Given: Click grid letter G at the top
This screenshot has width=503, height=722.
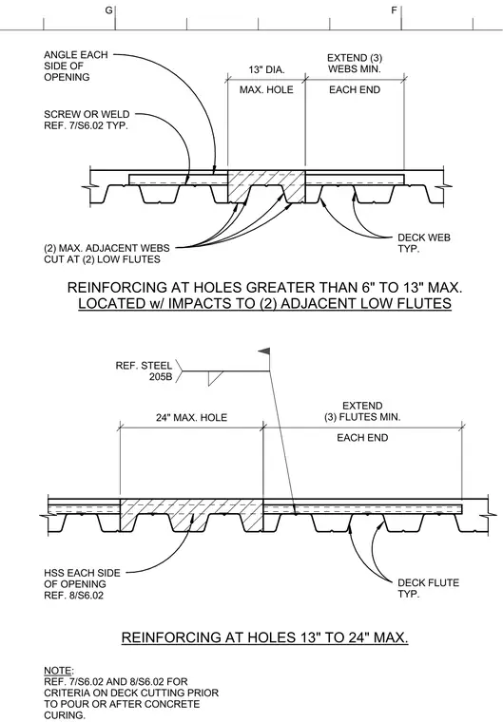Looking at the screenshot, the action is (x=108, y=10).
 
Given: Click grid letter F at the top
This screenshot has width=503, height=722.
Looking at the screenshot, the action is (x=395, y=10).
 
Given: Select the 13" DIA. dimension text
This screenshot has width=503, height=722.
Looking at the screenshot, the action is (x=266, y=70).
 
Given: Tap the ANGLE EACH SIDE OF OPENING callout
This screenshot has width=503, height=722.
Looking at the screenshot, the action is (x=76, y=66).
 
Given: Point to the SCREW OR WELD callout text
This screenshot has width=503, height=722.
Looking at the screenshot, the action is (x=87, y=120).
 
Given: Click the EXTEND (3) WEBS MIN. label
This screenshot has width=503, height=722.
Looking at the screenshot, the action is (x=355, y=64).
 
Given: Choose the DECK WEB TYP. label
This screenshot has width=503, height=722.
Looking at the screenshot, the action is (x=424, y=243).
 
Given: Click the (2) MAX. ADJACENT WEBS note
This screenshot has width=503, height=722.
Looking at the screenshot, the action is (x=106, y=254).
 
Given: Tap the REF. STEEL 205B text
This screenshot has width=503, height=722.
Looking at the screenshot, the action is (x=144, y=371).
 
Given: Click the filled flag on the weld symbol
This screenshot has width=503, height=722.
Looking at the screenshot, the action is (x=264, y=351).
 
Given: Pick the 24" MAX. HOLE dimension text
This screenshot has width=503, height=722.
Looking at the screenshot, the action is (x=191, y=418).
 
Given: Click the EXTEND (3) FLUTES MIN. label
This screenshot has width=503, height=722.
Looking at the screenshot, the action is (x=362, y=411).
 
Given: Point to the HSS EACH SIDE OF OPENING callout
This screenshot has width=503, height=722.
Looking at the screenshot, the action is (x=82, y=584).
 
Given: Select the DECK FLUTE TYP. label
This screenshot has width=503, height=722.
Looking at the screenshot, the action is (x=428, y=588).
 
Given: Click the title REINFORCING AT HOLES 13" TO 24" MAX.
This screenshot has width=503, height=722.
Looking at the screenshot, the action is (x=264, y=637).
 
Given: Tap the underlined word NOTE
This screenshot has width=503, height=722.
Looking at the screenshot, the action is (x=58, y=671).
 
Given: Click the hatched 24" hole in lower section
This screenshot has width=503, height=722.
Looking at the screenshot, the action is (x=191, y=514).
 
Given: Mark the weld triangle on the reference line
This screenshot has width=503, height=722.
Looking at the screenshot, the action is (x=215, y=377).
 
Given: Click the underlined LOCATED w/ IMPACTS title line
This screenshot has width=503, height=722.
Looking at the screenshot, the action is (x=264, y=303).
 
